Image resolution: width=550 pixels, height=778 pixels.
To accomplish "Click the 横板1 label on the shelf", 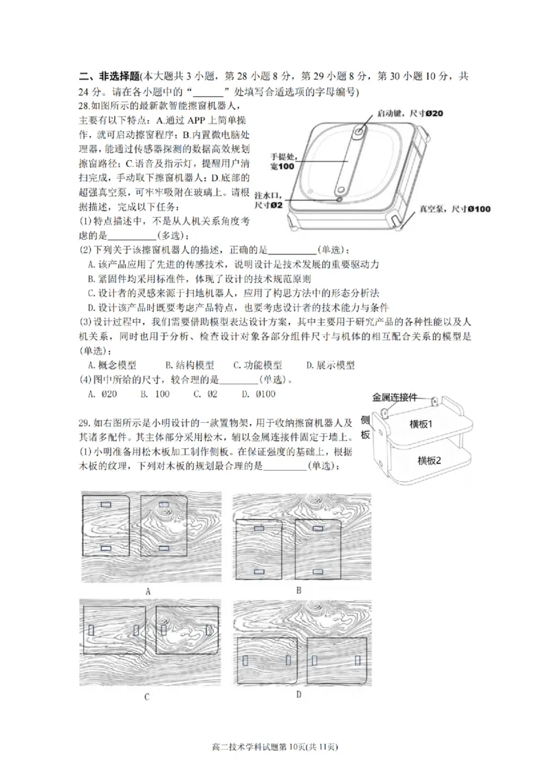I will (424, 423).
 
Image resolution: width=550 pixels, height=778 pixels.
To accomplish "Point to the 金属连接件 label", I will (395, 397).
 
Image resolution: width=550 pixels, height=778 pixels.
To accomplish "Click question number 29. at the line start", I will (85, 421).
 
